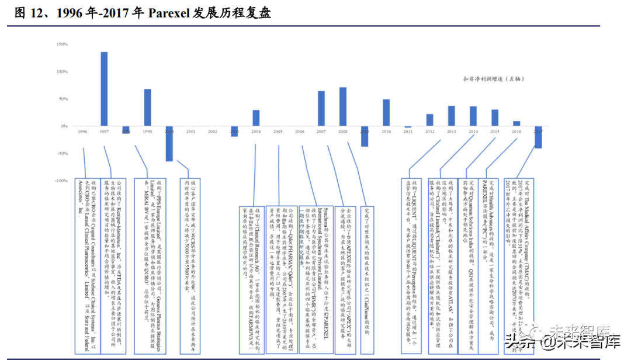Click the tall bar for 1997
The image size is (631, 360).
click(x=104, y=89)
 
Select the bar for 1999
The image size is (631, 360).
click(x=148, y=108)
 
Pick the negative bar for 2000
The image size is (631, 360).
click(x=169, y=143)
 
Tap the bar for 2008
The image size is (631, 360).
click(x=343, y=107)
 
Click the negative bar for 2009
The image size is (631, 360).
click(x=365, y=136)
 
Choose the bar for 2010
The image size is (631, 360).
click(x=386, y=113)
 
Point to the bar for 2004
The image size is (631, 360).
click(x=256, y=118)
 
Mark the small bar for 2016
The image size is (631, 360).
click(x=516, y=123)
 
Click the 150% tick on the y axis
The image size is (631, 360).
click(x=62, y=44)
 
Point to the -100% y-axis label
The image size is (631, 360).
click(x=61, y=181)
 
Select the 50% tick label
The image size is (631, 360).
click(x=63, y=99)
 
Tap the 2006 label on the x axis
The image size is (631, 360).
click(x=299, y=132)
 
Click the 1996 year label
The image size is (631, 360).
click(x=82, y=132)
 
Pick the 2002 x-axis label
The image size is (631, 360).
click(x=213, y=132)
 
